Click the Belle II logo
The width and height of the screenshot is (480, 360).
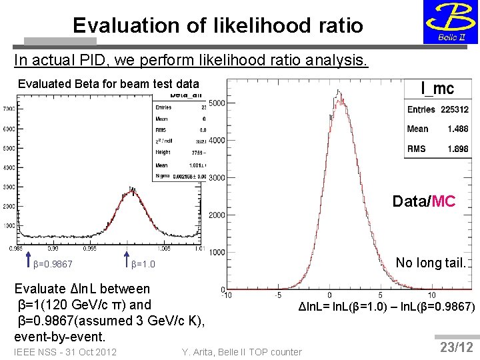point(450,22)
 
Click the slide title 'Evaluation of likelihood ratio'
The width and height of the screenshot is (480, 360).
point(218,25)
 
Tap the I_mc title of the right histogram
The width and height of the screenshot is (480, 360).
point(437,88)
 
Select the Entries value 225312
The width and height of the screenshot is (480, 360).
point(454,109)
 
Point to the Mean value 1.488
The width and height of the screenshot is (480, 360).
point(457,129)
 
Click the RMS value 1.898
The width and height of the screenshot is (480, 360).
point(457,149)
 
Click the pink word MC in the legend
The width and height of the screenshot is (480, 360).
point(443,201)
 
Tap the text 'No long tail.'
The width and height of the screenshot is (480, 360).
point(430,263)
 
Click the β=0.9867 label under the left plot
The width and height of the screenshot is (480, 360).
point(53,265)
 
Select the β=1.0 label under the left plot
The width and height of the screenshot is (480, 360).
point(143,265)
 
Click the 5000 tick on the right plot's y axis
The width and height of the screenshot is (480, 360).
point(217,103)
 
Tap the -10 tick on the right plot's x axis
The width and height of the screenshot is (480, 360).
point(227,295)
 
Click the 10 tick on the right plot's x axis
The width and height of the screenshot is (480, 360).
point(431,295)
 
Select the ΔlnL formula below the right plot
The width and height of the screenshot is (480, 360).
point(386,307)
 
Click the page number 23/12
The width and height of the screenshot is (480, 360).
point(457,347)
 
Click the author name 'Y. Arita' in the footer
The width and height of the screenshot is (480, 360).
point(201,351)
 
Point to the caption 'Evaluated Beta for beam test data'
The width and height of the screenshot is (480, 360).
point(108,84)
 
